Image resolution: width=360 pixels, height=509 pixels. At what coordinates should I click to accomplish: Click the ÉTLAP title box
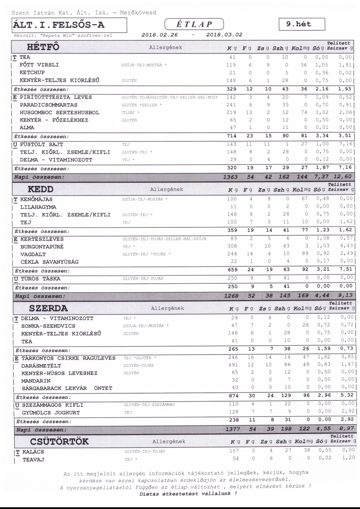point(194,24)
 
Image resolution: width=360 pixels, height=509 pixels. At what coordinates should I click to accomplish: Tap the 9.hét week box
point(302,24)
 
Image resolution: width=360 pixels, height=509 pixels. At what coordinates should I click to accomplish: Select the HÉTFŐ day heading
point(43,47)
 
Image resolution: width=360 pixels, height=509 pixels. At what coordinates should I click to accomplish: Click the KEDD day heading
point(40,189)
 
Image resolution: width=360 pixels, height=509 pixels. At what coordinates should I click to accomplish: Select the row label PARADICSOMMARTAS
point(48,105)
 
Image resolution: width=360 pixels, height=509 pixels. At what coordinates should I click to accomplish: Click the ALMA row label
point(27,128)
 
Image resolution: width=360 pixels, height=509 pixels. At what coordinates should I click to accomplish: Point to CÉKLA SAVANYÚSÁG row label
point(49,262)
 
